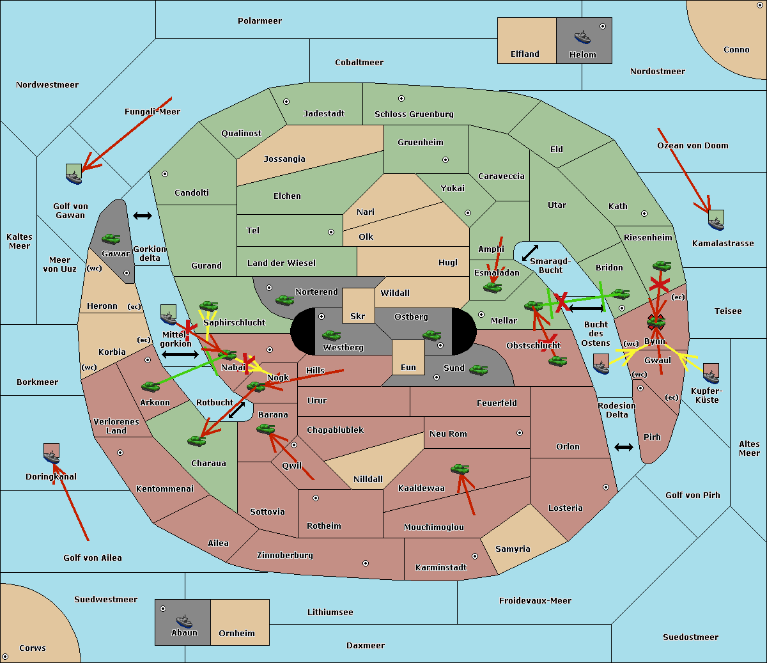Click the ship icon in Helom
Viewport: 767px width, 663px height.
pyautogui.click(x=582, y=36)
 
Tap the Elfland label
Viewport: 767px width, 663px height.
pyautogui.click(x=525, y=54)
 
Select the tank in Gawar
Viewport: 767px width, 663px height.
pyautogui.click(x=111, y=239)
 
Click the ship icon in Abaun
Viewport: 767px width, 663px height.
pyautogui.click(x=184, y=621)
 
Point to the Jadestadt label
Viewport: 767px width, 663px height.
pyautogui.click(x=323, y=114)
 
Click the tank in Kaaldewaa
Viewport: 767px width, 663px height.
pyautogui.click(x=460, y=469)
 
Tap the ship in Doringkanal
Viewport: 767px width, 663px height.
pyautogui.click(x=52, y=455)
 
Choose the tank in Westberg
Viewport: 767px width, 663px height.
pyautogui.click(x=331, y=335)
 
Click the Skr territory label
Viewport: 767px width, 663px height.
pyautogui.click(x=357, y=316)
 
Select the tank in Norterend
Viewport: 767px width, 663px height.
pyautogui.click(x=284, y=300)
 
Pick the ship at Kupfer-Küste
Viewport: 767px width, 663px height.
pyautogui.click(x=711, y=374)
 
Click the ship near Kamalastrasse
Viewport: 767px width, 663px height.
pyautogui.click(x=716, y=221)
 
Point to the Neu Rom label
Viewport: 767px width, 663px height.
pyautogui.click(x=448, y=434)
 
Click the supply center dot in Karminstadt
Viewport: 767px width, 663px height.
pyautogui.click(x=474, y=556)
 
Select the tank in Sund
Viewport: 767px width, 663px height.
pyautogui.click(x=479, y=370)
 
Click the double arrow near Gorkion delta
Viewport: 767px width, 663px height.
pyautogui.click(x=143, y=216)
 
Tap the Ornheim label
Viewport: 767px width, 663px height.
pyautogui.click(x=236, y=634)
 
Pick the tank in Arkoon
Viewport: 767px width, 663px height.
pyautogui.click(x=150, y=386)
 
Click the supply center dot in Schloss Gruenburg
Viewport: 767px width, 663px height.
pyautogui.click(x=401, y=98)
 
